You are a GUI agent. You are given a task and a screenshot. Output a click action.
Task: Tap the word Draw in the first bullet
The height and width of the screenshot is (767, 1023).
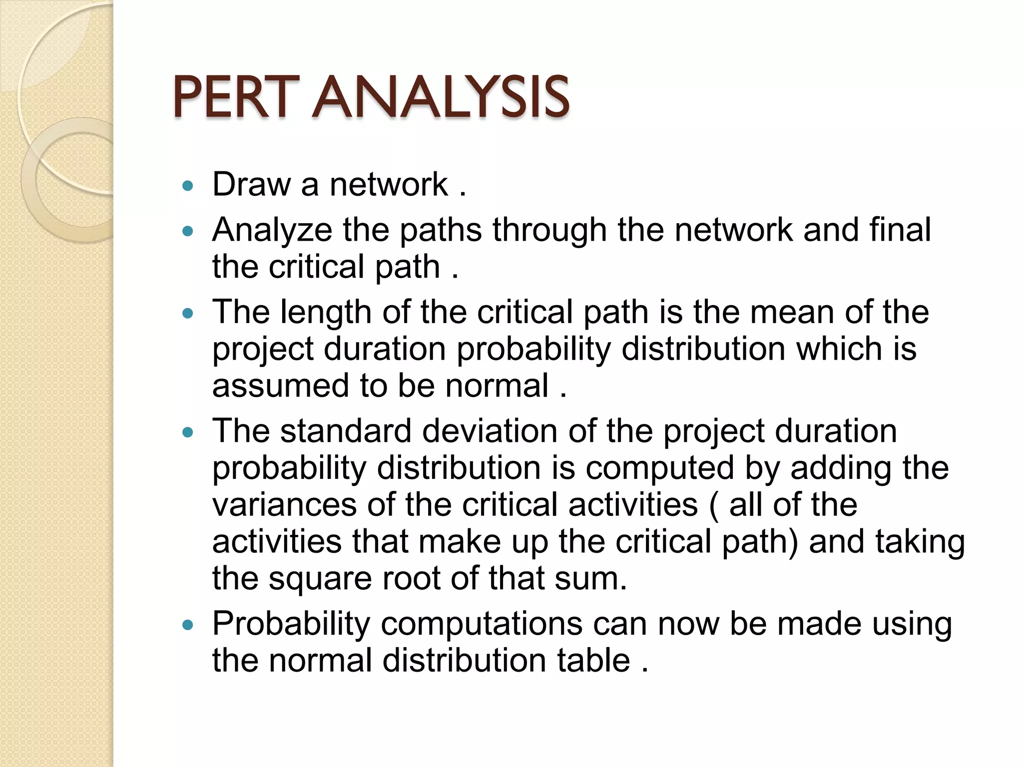point(251,184)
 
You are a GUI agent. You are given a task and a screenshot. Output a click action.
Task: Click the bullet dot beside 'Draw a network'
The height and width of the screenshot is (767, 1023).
point(188,187)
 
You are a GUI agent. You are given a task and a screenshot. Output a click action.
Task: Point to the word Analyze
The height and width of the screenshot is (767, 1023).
point(272,230)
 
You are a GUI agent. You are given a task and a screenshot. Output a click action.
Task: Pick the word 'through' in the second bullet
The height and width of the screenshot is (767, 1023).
point(549,230)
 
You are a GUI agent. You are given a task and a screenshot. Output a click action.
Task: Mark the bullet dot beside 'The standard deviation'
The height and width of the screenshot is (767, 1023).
point(188,432)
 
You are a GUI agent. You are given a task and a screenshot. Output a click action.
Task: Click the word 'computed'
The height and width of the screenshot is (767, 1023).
point(659,468)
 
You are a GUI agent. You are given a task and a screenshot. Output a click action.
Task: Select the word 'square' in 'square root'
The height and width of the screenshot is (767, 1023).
point(320,579)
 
